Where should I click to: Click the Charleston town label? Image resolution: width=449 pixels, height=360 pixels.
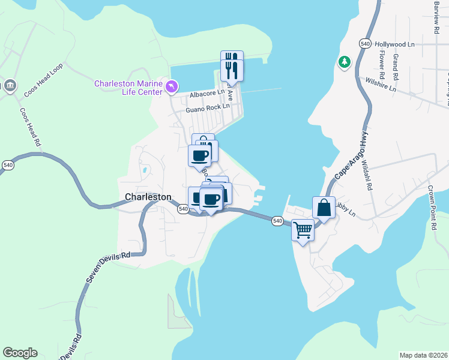pyautogui.click(x=148, y=197)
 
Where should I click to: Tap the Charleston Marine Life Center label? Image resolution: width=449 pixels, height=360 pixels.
pyautogui.click(x=128, y=88)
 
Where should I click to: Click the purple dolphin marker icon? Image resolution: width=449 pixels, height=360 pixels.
pyautogui.click(x=173, y=88)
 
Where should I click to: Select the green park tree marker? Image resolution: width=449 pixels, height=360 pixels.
pyautogui.click(x=345, y=62)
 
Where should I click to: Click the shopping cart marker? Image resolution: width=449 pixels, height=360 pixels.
pyautogui.click(x=303, y=229)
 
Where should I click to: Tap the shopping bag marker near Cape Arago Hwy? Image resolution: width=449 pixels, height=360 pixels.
pyautogui.click(x=324, y=208)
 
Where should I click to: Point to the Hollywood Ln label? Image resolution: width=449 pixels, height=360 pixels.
pyautogui.click(x=394, y=44)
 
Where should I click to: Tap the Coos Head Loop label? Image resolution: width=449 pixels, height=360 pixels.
pyautogui.click(x=44, y=81)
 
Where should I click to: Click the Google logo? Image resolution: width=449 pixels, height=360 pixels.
pyautogui.click(x=20, y=353)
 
